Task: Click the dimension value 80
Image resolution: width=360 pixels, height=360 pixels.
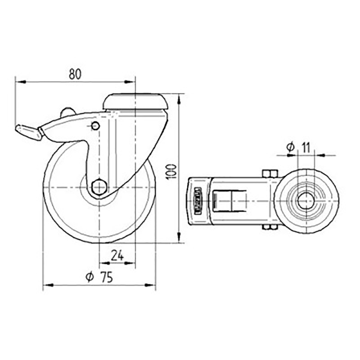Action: (75, 74)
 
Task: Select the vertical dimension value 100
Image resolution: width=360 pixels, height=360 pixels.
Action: (171, 171)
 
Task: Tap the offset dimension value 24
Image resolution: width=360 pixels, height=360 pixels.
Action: (117, 255)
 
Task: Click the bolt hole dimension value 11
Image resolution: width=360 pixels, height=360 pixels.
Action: (306, 147)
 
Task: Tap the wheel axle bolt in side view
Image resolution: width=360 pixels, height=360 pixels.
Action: (98, 186)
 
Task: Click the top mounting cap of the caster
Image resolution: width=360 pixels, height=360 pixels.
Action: (135, 102)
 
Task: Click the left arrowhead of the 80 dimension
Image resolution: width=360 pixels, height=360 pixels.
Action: (19, 82)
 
